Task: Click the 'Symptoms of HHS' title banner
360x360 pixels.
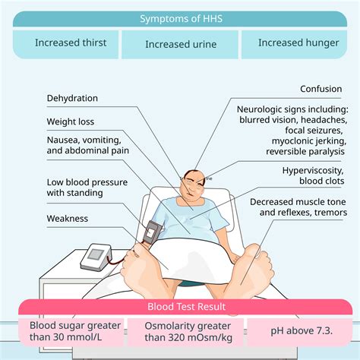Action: (x=180, y=18)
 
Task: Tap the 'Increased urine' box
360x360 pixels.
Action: (x=180, y=44)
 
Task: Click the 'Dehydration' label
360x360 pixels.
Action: (x=72, y=98)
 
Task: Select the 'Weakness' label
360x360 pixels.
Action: (x=68, y=219)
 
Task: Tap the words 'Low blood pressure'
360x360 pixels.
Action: (x=87, y=182)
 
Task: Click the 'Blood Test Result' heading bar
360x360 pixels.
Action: (x=180, y=307)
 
